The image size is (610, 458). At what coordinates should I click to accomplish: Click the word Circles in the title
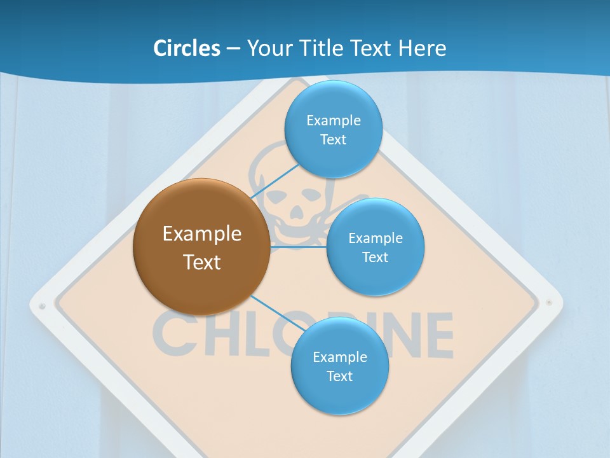tap(186, 48)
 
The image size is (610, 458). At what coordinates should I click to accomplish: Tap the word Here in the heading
tap(421, 48)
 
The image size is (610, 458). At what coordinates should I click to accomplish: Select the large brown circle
tap(201, 247)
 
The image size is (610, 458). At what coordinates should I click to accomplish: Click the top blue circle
tap(333, 129)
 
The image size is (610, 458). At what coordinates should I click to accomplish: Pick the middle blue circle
tap(375, 247)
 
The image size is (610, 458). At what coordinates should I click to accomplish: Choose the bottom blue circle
tap(339, 366)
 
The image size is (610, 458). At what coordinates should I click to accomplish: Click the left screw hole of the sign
tap(42, 306)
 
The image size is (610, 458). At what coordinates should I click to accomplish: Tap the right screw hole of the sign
tap(550, 303)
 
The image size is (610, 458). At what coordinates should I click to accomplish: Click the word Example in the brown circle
tap(202, 234)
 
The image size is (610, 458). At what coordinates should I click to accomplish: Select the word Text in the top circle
tap(333, 139)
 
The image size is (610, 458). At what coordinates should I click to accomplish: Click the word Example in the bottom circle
tap(339, 357)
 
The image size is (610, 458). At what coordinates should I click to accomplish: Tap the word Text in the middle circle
tap(375, 257)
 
